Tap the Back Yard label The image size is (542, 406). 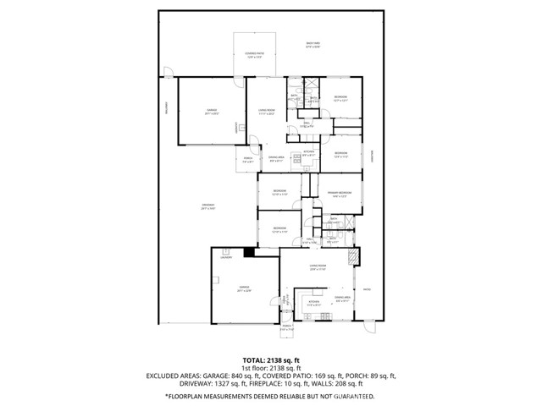[312, 45]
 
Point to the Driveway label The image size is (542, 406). [207, 206]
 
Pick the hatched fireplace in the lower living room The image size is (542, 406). [356, 256]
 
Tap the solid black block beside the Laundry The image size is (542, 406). [248, 252]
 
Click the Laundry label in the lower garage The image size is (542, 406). [226, 257]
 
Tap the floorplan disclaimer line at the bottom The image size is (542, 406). [270, 395]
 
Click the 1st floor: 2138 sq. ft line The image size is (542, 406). [270, 368]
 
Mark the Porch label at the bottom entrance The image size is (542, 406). [286, 327]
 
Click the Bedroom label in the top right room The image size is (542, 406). [340, 98]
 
